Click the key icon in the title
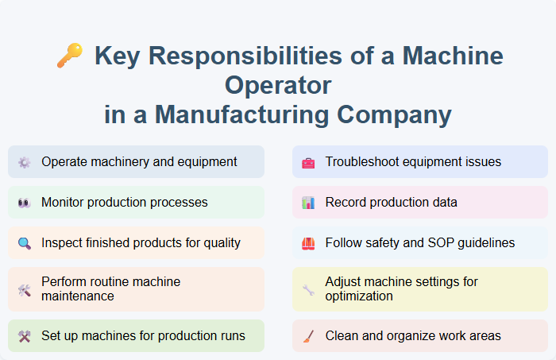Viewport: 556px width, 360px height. (69, 55)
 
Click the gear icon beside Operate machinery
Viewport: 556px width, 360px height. (25, 162)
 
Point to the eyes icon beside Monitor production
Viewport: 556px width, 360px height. (25, 203)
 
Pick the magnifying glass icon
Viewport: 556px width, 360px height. (25, 243)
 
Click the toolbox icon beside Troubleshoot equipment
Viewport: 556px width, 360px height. (308, 162)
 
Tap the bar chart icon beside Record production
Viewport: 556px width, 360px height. (308, 203)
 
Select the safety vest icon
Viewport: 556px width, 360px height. (308, 243)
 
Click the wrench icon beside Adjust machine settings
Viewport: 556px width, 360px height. (308, 289)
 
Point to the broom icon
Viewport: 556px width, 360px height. (308, 336)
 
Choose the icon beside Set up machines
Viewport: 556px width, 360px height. (25, 336)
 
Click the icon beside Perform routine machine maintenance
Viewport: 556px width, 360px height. (25, 289)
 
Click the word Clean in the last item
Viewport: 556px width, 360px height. (342, 335)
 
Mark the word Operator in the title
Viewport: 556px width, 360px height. (277, 85)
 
